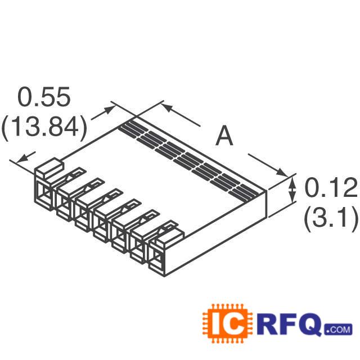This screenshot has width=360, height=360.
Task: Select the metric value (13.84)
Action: [x=44, y=128]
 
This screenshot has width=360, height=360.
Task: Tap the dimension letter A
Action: [x=224, y=137]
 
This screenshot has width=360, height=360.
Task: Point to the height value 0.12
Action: [x=331, y=188]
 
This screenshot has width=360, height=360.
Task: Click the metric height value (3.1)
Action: [x=331, y=219]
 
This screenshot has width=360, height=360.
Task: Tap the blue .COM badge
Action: [x=337, y=328]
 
